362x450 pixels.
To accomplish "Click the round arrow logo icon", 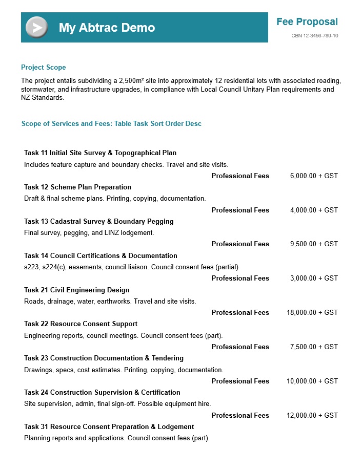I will [x=36, y=27].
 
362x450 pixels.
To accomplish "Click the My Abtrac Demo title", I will [x=107, y=28].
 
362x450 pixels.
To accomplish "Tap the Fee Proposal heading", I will [x=307, y=22].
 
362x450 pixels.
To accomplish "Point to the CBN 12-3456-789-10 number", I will [x=314, y=36].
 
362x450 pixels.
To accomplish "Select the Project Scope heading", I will [x=43, y=67].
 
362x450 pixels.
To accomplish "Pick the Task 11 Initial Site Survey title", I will [x=100, y=153].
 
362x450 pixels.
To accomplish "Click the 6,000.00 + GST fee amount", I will [x=314, y=176].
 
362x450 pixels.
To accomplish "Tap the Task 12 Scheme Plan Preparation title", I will [x=77, y=187].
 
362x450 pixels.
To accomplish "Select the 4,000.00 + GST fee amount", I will [x=314, y=210].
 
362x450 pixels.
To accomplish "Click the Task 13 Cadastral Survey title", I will [x=98, y=221].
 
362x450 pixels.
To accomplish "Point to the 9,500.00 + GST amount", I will [x=314, y=244].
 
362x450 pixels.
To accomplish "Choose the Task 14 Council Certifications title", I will [x=100, y=255].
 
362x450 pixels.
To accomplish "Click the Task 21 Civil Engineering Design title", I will [x=76, y=290].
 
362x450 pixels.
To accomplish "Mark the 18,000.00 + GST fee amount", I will [x=312, y=312].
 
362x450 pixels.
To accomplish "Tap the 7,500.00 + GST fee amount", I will [x=314, y=347].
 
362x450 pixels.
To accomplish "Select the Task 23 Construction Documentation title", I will [x=104, y=358].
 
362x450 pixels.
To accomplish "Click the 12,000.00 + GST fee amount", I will [x=312, y=415].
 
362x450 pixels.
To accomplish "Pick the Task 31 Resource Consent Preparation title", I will [x=109, y=426].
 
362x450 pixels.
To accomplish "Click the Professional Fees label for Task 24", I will [x=240, y=415].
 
